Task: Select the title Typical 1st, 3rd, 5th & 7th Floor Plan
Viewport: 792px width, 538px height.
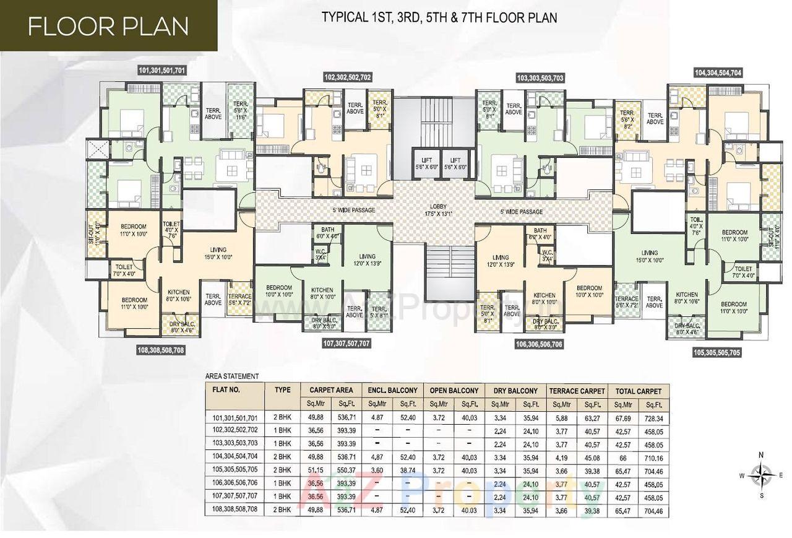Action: pos(439,17)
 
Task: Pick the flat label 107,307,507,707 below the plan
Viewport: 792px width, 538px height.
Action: pos(346,342)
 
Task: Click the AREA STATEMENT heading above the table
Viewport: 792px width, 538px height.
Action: pos(232,376)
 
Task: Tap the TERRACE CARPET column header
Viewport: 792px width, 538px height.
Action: pos(575,391)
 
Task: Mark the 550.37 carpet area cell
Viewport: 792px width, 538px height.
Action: pos(343,471)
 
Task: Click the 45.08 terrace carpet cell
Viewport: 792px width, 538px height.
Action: pos(591,458)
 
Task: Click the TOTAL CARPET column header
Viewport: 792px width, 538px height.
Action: pos(638,391)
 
